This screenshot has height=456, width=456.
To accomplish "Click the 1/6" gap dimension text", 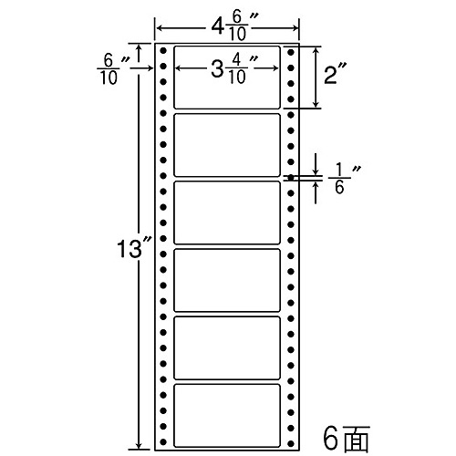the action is (x=343, y=180).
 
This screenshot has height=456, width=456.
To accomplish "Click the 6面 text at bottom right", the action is (x=346, y=439).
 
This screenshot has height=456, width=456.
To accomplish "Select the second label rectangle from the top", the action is (x=227, y=145).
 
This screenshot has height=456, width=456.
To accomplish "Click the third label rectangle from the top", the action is (x=227, y=212).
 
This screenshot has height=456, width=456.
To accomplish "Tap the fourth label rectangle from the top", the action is (x=227, y=280).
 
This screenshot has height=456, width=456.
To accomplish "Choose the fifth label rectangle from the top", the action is (x=227, y=348).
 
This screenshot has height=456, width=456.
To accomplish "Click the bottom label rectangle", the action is (x=227, y=416).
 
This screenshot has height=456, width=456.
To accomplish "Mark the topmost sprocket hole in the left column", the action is (x=163, y=50).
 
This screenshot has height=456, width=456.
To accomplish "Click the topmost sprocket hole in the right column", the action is (x=291, y=52).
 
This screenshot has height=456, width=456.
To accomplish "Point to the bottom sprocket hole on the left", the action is (x=163, y=441).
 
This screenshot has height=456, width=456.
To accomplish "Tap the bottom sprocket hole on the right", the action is (x=291, y=443).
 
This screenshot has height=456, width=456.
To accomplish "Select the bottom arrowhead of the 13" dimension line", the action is (x=139, y=445).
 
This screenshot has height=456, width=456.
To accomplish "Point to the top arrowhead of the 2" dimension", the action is (x=316, y=51).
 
